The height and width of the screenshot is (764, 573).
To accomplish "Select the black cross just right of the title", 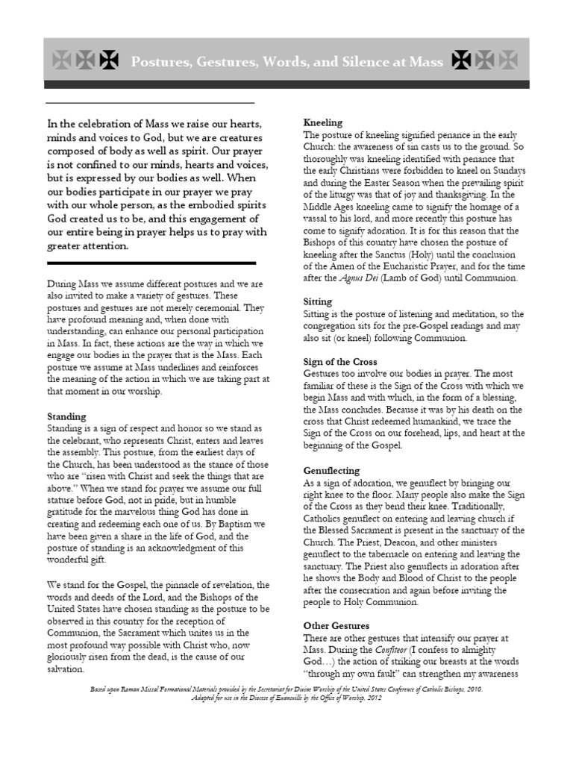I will pyautogui.click(x=462, y=60).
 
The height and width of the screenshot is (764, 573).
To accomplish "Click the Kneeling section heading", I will pyautogui.click(x=323, y=122).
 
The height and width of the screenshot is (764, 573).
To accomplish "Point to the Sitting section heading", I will pyautogui.click(x=318, y=301).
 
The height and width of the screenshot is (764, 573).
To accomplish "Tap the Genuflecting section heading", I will pyautogui.click(x=331, y=471).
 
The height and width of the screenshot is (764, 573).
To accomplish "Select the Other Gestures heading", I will pyautogui.click(x=336, y=625).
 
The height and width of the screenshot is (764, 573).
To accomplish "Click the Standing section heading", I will pyautogui.click(x=66, y=416).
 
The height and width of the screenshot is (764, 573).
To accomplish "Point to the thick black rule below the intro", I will pyautogui.click(x=151, y=263).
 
